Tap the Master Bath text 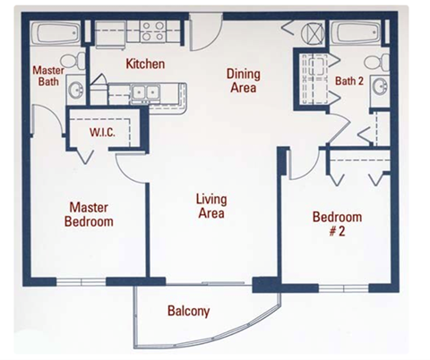click(x=47, y=76)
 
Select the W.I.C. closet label click(x=100, y=132)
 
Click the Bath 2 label click(x=349, y=81)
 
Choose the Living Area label click(x=211, y=206)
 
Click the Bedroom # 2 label click(x=337, y=224)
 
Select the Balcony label click(x=189, y=312)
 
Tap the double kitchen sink click(x=142, y=91)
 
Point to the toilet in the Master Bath click(x=79, y=59)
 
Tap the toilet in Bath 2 click(x=383, y=61)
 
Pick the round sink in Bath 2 click(x=380, y=88)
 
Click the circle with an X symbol click(x=314, y=34)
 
